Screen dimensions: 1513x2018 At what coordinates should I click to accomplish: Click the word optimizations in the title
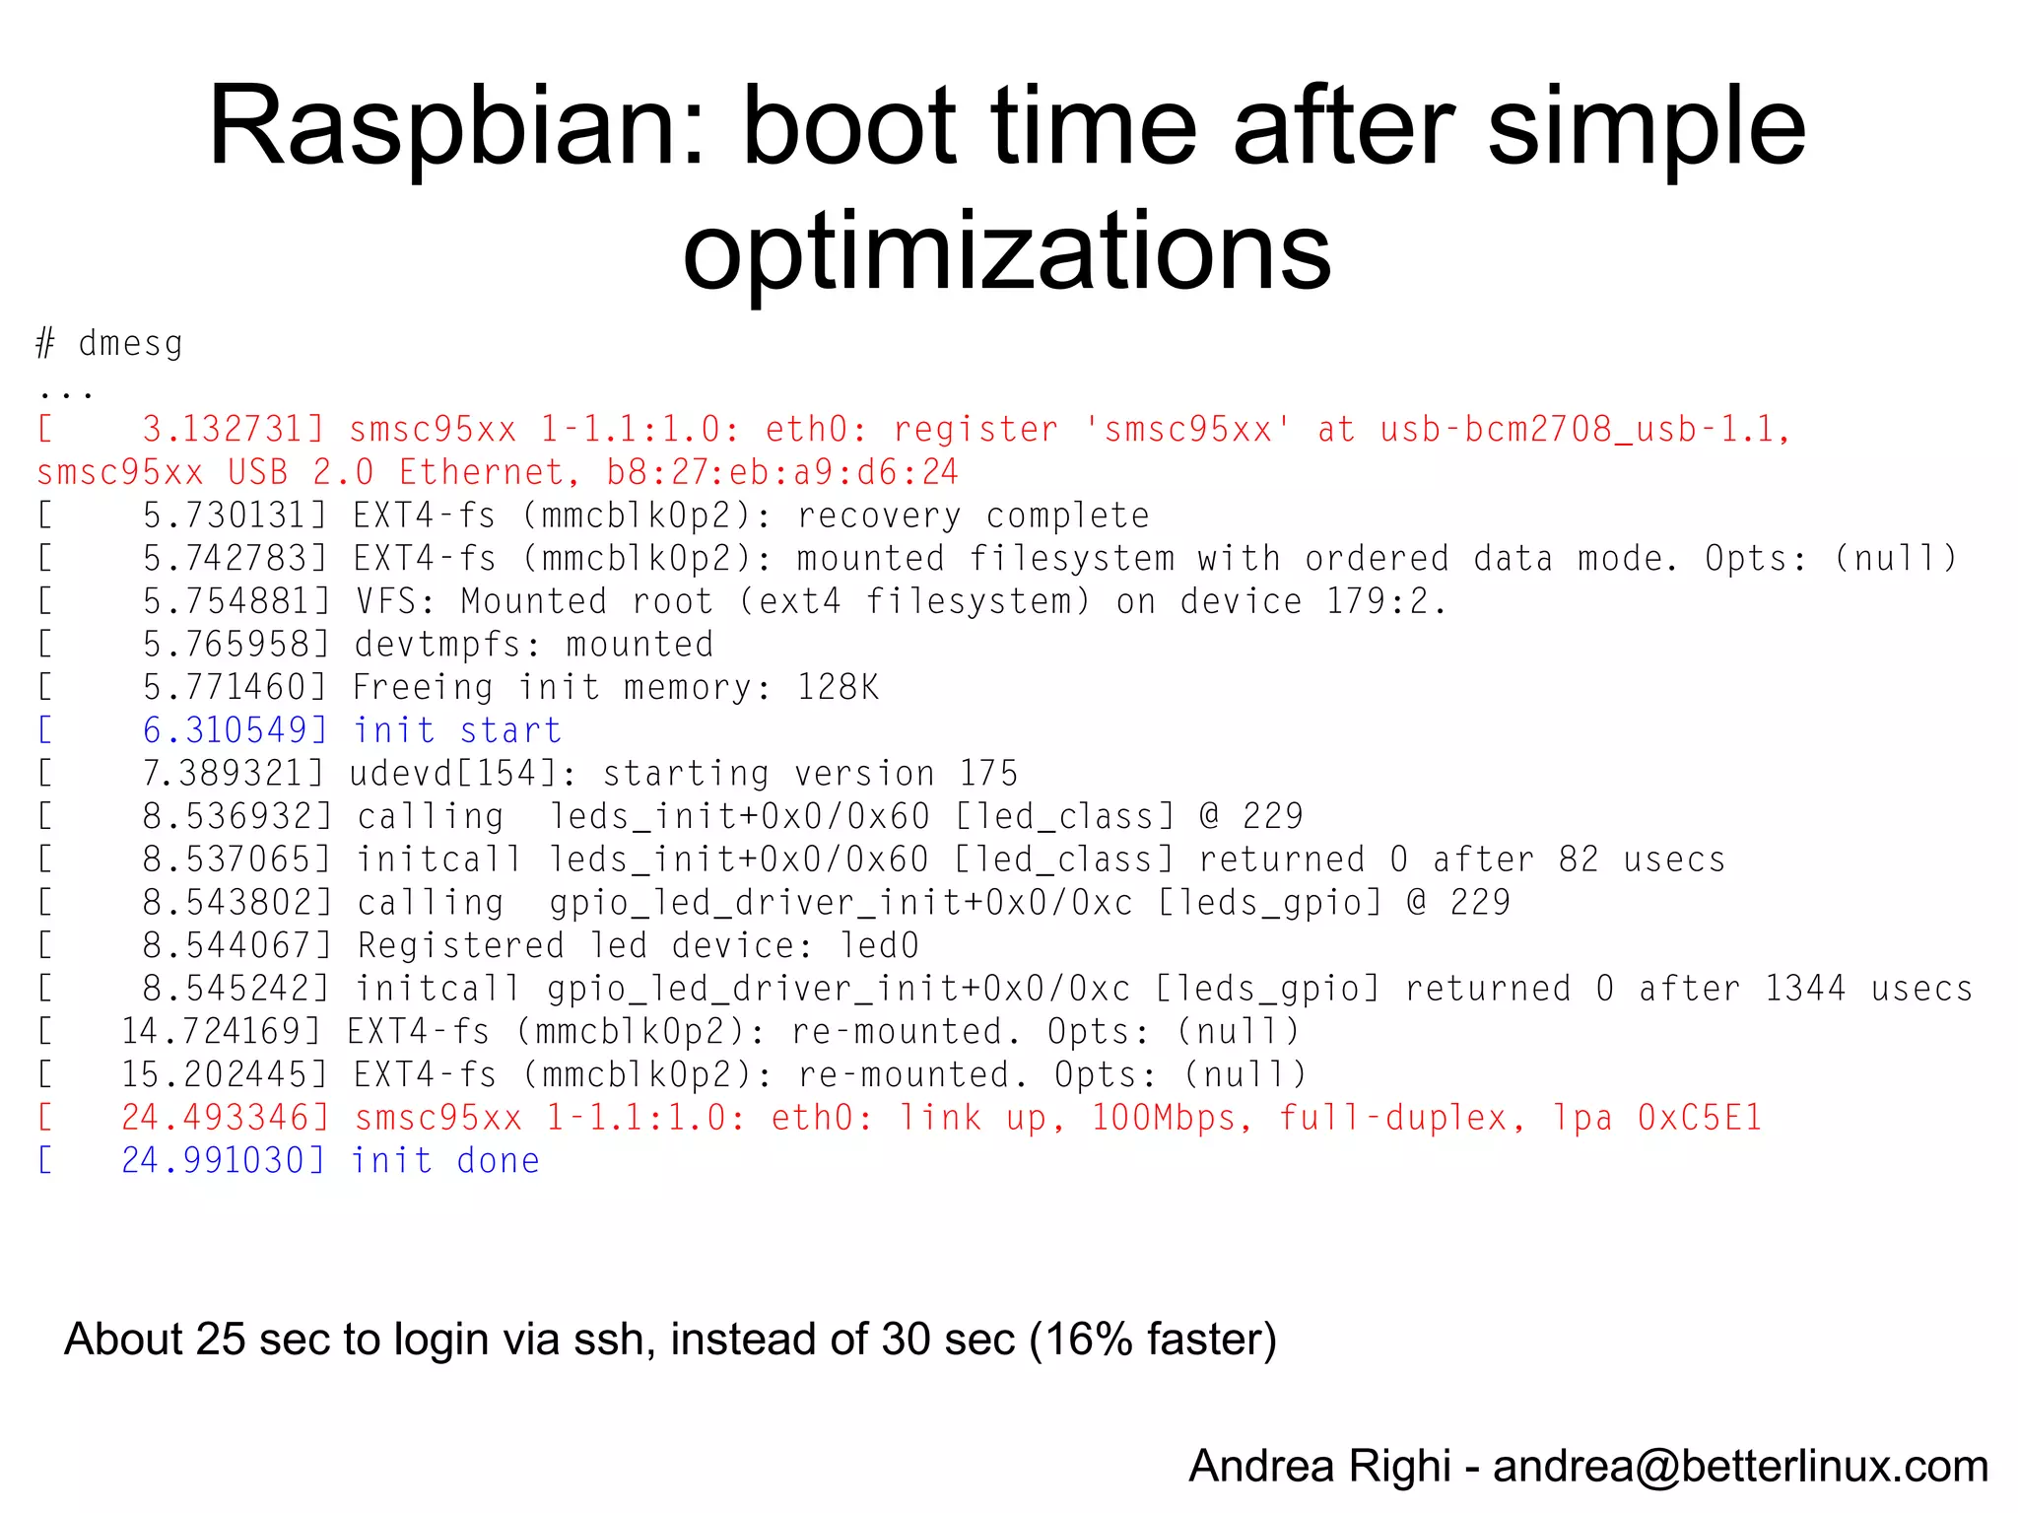pos(1007,250)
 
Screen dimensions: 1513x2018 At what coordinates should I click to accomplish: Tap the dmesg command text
pos(130,344)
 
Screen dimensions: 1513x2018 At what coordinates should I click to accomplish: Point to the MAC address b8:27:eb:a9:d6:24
pos(781,472)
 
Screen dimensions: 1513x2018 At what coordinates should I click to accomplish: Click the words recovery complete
pos(973,516)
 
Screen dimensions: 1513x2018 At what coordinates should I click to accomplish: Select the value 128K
pos(838,687)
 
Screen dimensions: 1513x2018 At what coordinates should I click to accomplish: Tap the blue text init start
pos(457,730)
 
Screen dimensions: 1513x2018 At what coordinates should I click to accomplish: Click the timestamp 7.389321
pos(233,774)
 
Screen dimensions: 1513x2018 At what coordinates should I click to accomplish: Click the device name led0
pos(879,945)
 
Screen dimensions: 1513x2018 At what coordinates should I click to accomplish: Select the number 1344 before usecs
pos(1804,989)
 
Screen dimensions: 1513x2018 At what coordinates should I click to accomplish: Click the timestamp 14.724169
pos(221,1032)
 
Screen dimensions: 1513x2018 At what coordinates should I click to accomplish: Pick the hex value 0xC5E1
pos(1699,1118)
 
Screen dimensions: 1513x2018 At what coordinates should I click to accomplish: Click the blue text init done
pos(445,1161)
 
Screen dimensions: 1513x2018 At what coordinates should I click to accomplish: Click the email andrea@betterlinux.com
pos(1740,1467)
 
